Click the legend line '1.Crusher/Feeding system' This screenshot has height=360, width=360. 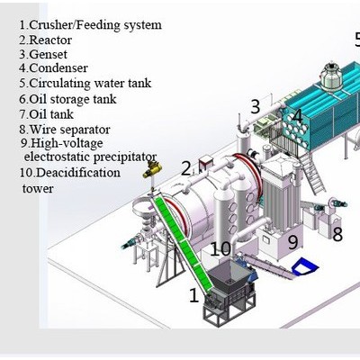tap(90, 25)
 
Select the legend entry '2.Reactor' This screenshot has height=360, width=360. tap(46, 40)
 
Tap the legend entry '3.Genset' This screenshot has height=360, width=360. tap(43, 54)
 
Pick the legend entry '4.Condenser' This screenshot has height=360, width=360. tap(53, 67)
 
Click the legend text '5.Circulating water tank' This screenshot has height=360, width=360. tap(85, 83)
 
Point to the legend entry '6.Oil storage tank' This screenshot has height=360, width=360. tap(67, 99)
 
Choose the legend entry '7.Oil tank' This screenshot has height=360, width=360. tap(46, 114)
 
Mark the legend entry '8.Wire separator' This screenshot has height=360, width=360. tap(65, 130)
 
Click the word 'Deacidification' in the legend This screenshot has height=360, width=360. tap(79, 173)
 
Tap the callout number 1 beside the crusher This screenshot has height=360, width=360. tap(194, 295)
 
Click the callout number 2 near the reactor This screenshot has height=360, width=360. tap(186, 168)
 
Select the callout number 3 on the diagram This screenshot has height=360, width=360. tap(255, 106)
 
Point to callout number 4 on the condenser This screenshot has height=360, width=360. tap(297, 116)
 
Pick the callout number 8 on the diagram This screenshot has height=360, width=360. tap(337, 234)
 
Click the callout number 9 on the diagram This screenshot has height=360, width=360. tap(292, 242)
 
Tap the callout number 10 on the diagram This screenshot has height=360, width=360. tap(220, 248)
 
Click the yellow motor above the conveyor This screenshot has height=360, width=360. tap(152, 169)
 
